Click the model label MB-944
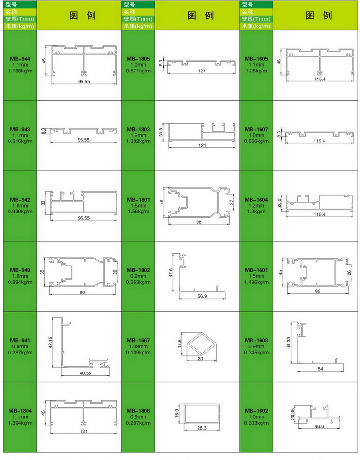(x=20, y=59)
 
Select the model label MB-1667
(x=138, y=340)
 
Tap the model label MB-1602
(x=256, y=411)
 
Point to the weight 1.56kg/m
(x=138, y=212)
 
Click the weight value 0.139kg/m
(x=138, y=352)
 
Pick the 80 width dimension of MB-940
(x=82, y=292)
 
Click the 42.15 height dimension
(x=50, y=342)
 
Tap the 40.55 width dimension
(x=85, y=373)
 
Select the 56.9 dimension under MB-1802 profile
(x=202, y=296)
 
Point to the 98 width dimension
(x=199, y=222)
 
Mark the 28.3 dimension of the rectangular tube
(x=202, y=428)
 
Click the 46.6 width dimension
(x=319, y=426)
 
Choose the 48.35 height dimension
(x=288, y=343)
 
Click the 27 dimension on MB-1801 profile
(x=231, y=202)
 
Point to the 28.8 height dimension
(x=279, y=203)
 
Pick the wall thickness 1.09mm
(x=138, y=346)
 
